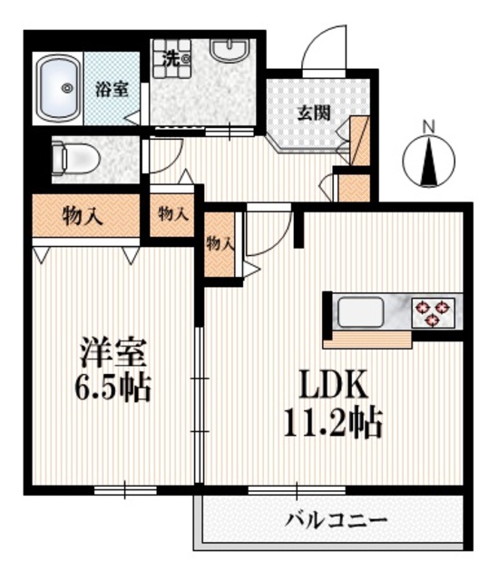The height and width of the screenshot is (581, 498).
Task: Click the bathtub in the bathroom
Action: (59, 88)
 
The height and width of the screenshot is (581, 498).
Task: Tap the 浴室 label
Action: (112, 89)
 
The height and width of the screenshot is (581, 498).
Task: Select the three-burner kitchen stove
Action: (433, 313)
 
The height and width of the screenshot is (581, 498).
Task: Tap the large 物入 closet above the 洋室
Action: (82, 216)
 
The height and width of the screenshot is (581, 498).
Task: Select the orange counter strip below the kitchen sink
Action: (366, 340)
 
